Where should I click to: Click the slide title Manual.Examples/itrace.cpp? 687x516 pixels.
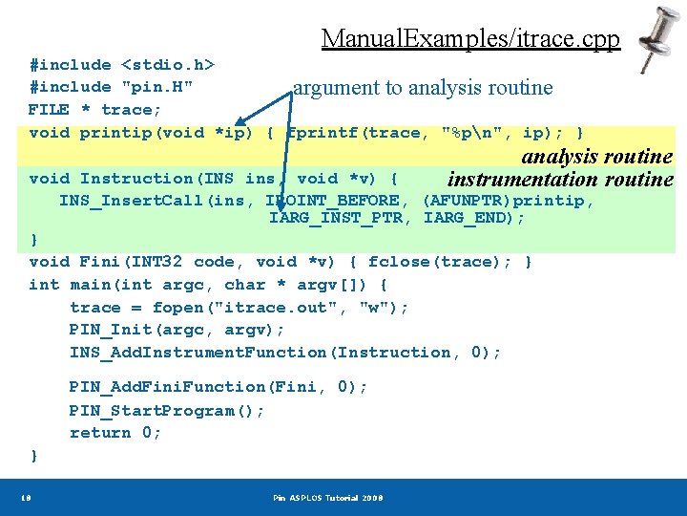(470, 38)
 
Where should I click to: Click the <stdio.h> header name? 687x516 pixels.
(167, 65)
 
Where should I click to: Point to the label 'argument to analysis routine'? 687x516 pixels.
(423, 88)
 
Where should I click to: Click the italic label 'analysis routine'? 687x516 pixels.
(596, 157)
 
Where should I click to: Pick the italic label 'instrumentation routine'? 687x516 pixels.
(560, 180)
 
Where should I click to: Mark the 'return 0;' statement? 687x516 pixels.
(115, 433)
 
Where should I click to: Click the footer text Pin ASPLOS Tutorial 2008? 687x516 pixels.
(327, 498)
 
